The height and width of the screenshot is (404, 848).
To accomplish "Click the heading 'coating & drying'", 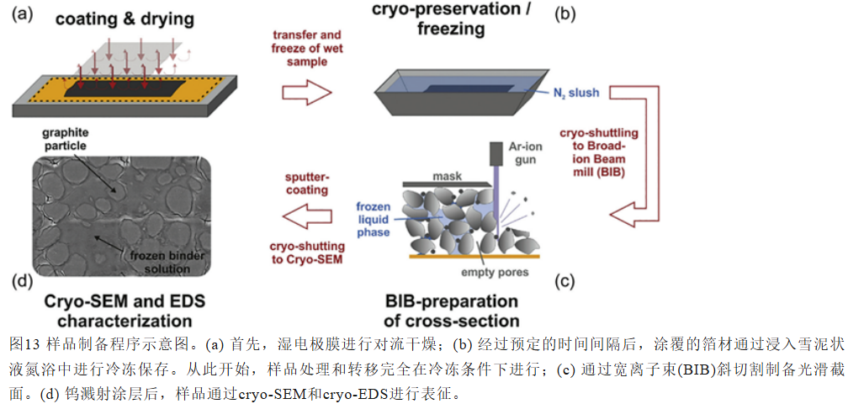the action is click(x=124, y=20).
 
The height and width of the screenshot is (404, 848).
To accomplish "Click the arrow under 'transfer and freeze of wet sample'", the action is click(x=306, y=93).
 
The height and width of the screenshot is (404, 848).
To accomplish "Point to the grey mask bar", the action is click(x=443, y=184).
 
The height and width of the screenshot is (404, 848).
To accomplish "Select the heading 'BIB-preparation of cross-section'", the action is click(x=451, y=311).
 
